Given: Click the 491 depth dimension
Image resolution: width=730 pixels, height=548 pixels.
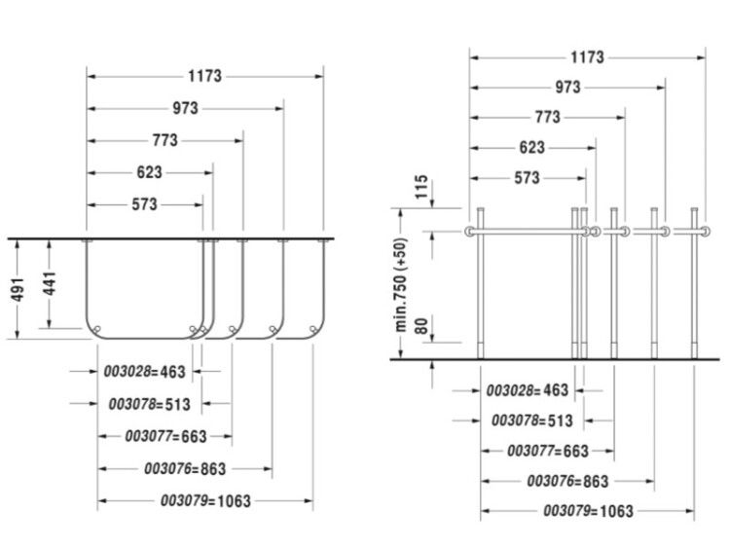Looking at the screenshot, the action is pyautogui.click(x=18, y=290).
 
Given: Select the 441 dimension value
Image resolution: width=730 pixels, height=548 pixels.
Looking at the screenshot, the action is pyautogui.click(x=50, y=283).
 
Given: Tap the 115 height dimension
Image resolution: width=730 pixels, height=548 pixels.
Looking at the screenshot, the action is pyautogui.click(x=421, y=186).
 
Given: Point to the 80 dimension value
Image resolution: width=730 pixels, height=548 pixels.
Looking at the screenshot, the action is pyautogui.click(x=421, y=326).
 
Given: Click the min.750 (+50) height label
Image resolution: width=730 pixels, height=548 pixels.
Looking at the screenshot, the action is pyautogui.click(x=401, y=285).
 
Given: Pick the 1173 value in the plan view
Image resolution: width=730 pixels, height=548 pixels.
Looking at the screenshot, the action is pyautogui.click(x=204, y=76).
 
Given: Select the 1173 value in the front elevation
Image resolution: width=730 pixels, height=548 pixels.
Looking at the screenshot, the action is pyautogui.click(x=587, y=57).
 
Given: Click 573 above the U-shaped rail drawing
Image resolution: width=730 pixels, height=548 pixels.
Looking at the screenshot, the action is pyautogui.click(x=144, y=204).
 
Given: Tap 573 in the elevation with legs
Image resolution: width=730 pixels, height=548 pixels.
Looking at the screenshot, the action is pyautogui.click(x=527, y=178).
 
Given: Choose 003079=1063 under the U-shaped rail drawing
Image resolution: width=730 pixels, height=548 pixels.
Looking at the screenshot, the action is pyautogui.click(x=205, y=501).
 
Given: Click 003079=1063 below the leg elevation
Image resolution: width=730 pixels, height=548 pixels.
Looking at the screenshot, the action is pyautogui.click(x=589, y=511).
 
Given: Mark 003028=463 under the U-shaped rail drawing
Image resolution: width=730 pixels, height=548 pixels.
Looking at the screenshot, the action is pyautogui.click(x=144, y=372).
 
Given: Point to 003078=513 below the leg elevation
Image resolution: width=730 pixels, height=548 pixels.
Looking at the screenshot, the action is pyautogui.click(x=532, y=420).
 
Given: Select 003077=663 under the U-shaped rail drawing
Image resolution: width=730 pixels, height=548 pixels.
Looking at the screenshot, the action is pyautogui.click(x=165, y=436).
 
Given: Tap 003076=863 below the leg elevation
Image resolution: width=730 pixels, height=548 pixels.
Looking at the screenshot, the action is pyautogui.click(x=568, y=481).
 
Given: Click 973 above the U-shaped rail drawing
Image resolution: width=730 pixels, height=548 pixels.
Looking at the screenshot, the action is pyautogui.click(x=185, y=108).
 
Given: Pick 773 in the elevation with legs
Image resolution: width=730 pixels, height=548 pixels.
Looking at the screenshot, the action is pyautogui.click(x=547, y=117).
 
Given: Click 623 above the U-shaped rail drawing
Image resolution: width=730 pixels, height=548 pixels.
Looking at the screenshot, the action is pyautogui.click(x=150, y=172).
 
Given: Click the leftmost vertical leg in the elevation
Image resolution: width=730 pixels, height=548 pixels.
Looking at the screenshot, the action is pyautogui.click(x=481, y=283).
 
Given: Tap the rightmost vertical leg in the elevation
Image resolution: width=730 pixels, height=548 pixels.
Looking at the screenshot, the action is pyautogui.click(x=694, y=283).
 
